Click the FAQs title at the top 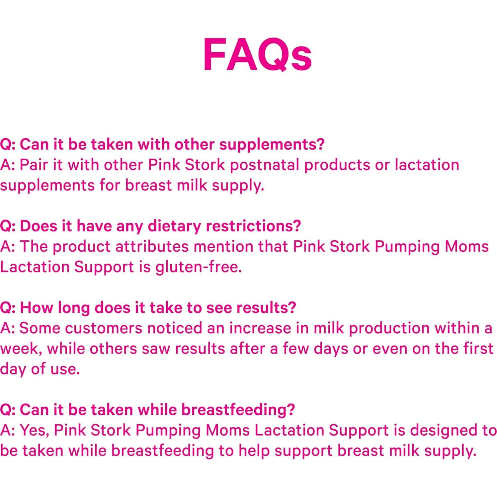[257, 54]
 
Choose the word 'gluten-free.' [199, 267]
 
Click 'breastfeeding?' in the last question [238, 410]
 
